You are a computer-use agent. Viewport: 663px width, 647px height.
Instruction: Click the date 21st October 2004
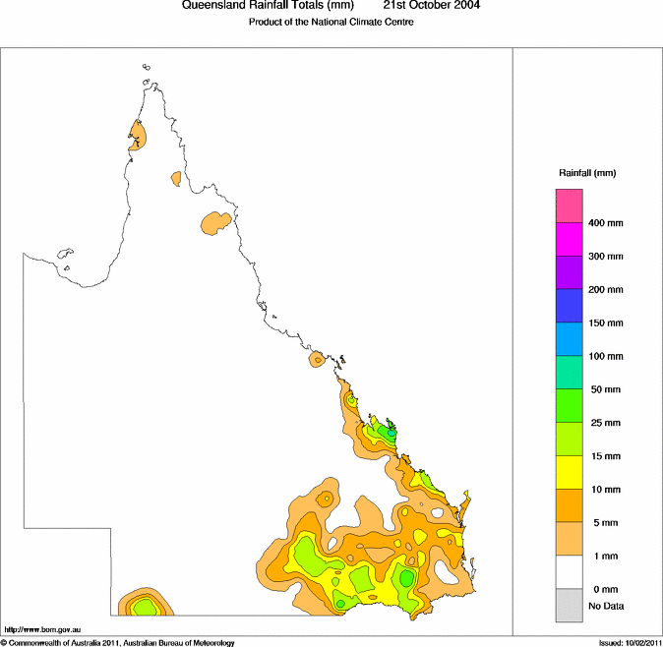431,6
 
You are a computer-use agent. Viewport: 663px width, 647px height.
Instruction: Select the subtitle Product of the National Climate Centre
331,22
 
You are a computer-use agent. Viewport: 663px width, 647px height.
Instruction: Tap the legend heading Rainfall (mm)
587,173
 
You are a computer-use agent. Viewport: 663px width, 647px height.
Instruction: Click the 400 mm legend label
606,223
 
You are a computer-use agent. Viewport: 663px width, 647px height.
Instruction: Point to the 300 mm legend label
606,257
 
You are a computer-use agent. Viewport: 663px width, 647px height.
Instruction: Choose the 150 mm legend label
606,323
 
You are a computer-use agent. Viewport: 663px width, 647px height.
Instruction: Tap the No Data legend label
606,606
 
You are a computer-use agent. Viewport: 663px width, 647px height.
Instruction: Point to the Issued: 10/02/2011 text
630,642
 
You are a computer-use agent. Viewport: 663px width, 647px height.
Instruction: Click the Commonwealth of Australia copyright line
118,642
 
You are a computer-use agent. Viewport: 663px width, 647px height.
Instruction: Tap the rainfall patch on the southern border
144,604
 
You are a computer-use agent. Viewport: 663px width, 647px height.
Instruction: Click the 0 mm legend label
603,589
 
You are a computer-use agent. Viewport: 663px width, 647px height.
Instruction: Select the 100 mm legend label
606,356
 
